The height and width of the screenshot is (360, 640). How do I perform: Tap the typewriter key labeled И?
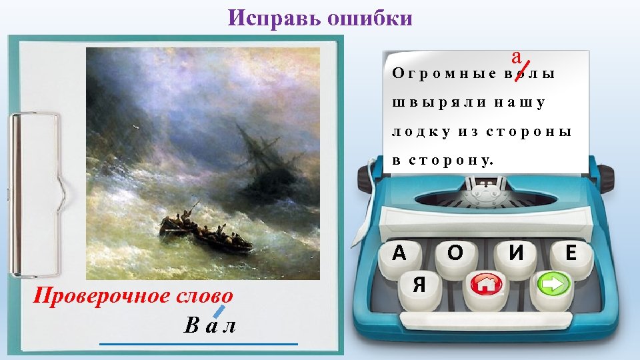[515, 253]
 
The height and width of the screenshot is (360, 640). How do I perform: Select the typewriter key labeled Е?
[570, 253]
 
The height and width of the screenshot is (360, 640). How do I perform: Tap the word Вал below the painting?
[210, 325]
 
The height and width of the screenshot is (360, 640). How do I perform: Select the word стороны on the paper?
[529, 132]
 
